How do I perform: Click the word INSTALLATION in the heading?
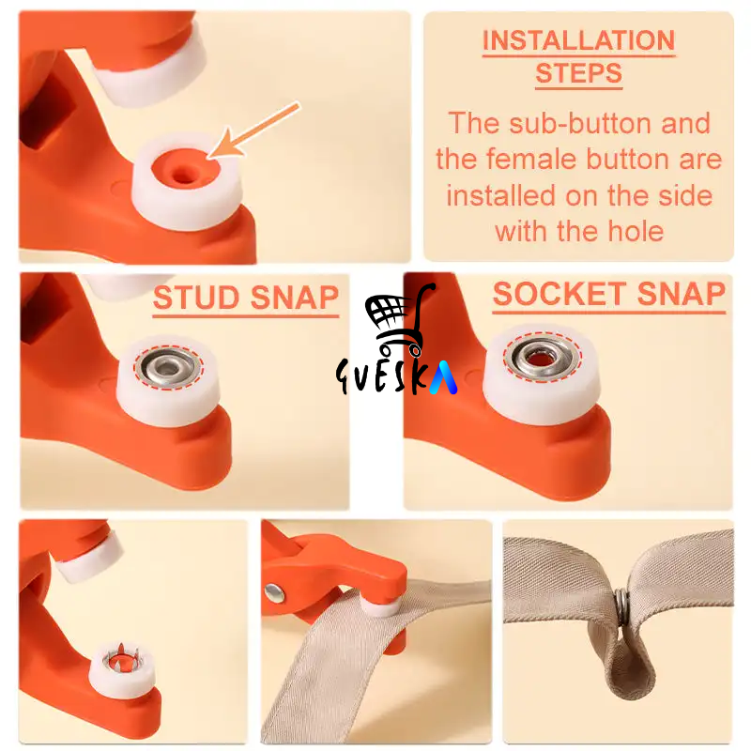[578, 40]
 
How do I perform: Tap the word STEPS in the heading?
[578, 73]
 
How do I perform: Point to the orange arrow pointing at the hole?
[253, 130]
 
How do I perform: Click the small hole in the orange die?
[183, 175]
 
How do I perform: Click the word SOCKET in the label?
[559, 294]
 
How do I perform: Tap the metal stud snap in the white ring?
[168, 367]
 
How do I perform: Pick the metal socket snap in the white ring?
[543, 358]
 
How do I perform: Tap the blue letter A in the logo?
[443, 377]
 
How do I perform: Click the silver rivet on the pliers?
[274, 594]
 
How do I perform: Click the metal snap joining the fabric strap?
[621, 607]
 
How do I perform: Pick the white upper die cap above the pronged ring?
[90, 557]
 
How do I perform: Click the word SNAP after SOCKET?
[682, 294]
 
